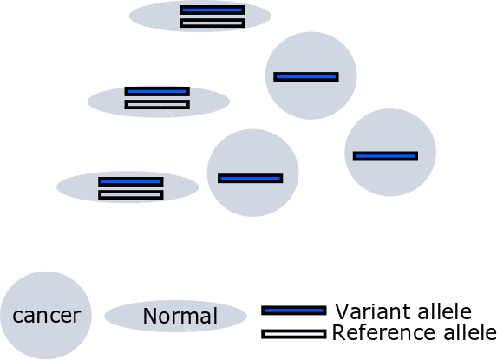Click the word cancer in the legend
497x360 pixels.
pos(47,316)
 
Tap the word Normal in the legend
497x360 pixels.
pos(180,316)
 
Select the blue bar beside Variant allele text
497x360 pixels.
pos(294,311)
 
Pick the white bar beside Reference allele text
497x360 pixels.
pos(294,334)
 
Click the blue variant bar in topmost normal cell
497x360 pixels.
pos(213,10)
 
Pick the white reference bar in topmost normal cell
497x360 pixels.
pos(213,23)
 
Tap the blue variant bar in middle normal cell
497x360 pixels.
pos(157,91)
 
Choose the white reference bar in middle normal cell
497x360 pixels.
pos(157,105)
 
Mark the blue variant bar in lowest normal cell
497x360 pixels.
pos(131,181)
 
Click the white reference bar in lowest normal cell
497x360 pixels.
pos(131,195)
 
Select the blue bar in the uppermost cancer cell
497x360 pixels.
pos(306,76)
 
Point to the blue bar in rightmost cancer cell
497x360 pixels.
pos(385,156)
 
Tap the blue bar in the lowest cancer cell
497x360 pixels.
pos(251,179)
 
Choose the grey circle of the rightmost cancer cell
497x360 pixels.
pos(390,178)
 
